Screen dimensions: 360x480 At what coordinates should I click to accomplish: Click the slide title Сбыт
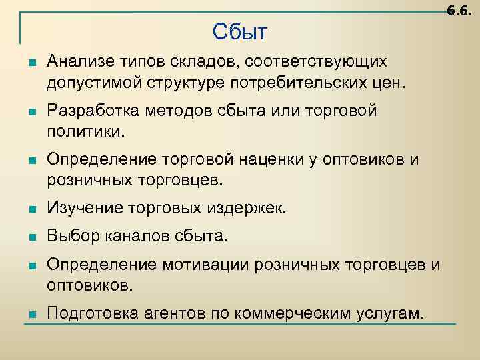click(240, 31)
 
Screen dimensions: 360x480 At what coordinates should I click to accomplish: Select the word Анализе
click(75, 61)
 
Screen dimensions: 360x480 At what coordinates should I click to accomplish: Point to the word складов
click(207, 61)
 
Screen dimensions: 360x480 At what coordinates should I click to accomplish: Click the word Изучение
click(79, 209)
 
